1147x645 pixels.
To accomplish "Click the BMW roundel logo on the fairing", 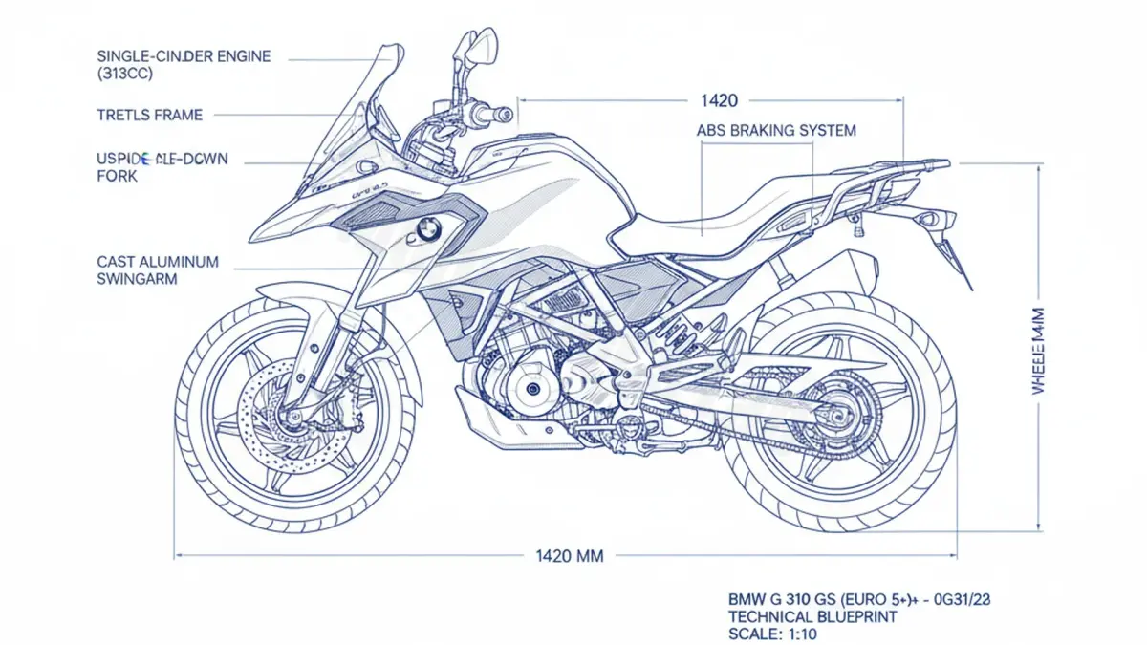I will tap(427, 229).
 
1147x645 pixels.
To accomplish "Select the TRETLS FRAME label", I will tap(150, 116).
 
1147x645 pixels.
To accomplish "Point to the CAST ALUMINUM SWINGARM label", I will tap(158, 269).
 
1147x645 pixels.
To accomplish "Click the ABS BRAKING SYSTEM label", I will tap(776, 130).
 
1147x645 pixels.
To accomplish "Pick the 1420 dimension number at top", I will tap(719, 99).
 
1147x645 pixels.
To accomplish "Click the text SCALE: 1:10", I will tap(772, 634).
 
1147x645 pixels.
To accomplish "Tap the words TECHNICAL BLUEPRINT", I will tap(812, 616).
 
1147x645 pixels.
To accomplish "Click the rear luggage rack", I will tap(889, 172).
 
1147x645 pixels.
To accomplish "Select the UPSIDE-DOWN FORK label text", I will tap(162, 166).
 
